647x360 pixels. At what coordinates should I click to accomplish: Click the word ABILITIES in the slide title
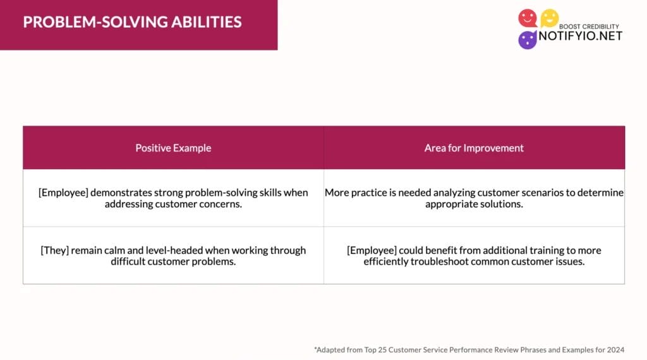pyautogui.click(x=207, y=22)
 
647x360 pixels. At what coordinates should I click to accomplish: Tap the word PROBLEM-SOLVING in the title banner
pyautogui.click(x=95, y=22)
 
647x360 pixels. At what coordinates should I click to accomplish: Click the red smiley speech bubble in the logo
pyautogui.click(x=528, y=18)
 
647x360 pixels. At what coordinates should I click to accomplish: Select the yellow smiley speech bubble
pyautogui.click(x=550, y=18)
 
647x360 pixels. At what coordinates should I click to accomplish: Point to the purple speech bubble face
pyautogui.click(x=528, y=40)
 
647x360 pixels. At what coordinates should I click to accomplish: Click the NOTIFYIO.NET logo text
pyautogui.click(x=580, y=36)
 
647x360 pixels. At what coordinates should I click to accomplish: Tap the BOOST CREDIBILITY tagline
pyautogui.click(x=589, y=27)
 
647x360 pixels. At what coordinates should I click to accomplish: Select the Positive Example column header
pyautogui.click(x=173, y=148)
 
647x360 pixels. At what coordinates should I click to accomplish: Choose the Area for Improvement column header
pyautogui.click(x=474, y=148)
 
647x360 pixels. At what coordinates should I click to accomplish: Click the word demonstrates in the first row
pyautogui.click(x=121, y=193)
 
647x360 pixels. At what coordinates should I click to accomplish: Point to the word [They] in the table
pyautogui.click(x=55, y=250)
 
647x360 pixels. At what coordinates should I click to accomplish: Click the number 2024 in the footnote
pyautogui.click(x=615, y=350)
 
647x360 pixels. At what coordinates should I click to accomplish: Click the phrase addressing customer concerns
pyautogui.click(x=173, y=204)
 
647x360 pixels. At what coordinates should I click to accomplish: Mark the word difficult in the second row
pyautogui.click(x=128, y=261)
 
